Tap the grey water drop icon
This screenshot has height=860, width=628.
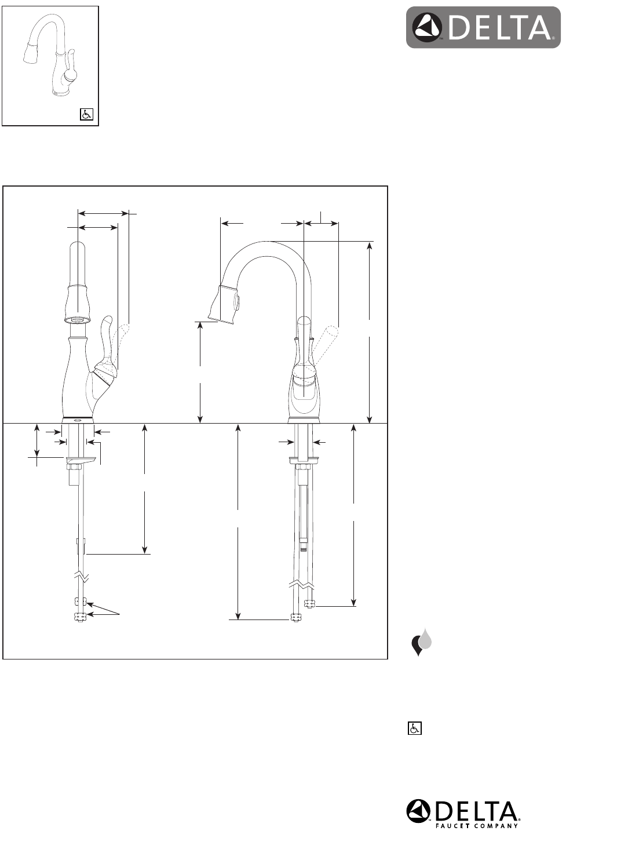coord(426,639)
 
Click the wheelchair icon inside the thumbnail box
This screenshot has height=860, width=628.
coord(86,115)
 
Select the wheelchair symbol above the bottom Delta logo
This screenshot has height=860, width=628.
coord(415,728)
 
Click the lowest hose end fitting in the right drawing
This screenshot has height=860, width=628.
coord(296,619)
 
